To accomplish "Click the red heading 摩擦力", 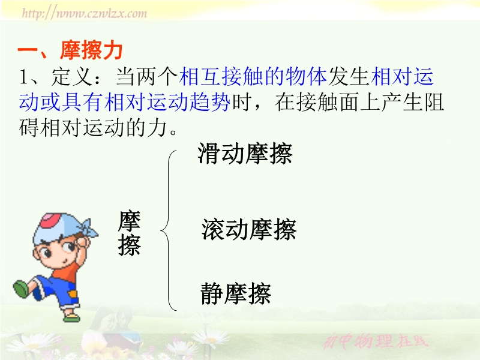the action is [x=91, y=50].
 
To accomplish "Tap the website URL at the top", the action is [x=85, y=13].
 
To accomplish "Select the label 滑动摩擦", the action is [x=245, y=154].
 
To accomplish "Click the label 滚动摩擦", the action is [x=249, y=229].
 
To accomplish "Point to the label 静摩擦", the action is [x=236, y=293].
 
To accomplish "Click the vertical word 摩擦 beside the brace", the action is [x=129, y=233].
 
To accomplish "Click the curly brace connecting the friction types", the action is [x=169, y=230].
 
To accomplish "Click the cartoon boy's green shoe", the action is [x=22, y=289].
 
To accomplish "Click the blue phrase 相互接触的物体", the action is [x=253, y=77].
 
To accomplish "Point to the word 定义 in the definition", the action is [x=72, y=77].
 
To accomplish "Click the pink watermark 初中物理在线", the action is [x=376, y=341].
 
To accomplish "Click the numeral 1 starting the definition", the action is [x=24, y=77].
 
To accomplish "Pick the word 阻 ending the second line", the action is [x=433, y=102].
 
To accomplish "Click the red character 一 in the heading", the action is [x=28, y=50].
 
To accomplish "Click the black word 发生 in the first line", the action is [x=349, y=77].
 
